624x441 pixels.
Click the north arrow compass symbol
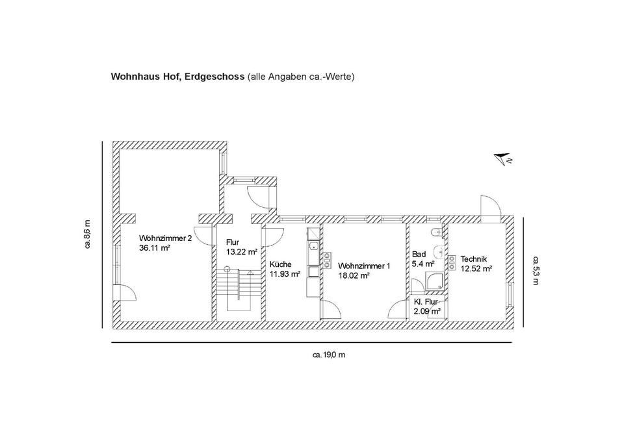(x=503, y=158)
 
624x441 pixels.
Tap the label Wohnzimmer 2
(x=166, y=238)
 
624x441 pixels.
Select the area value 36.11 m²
(x=155, y=247)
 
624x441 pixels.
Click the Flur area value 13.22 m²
(x=242, y=252)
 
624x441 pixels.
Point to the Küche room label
(x=281, y=264)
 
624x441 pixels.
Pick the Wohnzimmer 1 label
(x=364, y=266)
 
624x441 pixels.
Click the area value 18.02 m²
(x=354, y=275)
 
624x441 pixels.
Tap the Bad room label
(x=419, y=254)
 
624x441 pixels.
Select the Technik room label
(x=474, y=259)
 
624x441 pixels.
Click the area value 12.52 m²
(x=476, y=269)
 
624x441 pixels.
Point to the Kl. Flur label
(x=426, y=302)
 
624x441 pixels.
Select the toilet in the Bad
(x=436, y=231)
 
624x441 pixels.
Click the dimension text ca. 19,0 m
(x=329, y=355)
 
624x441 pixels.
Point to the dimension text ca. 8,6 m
(x=87, y=234)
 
